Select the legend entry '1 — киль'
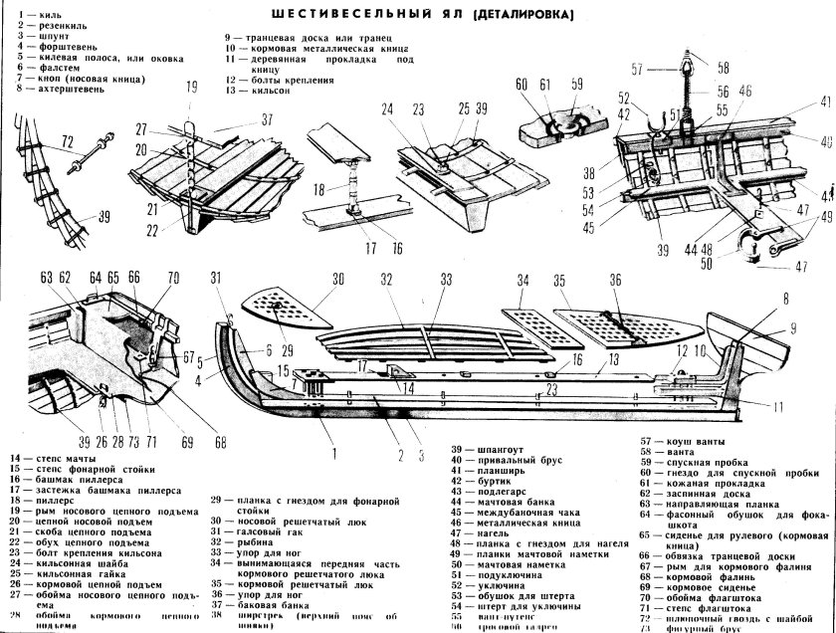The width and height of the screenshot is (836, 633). tap(40, 16)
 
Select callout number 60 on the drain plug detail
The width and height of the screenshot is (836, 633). tap(522, 87)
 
